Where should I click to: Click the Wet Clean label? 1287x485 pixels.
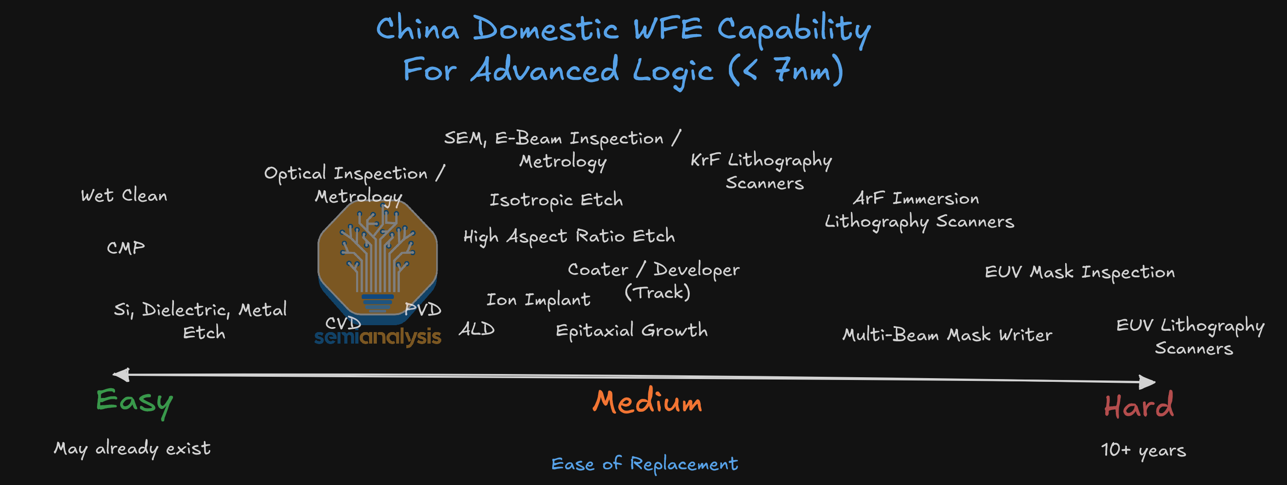tap(124, 195)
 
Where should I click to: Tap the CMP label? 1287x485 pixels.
tap(126, 247)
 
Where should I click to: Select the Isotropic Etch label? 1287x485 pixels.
tap(556, 200)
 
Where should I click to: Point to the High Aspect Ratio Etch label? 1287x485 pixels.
tap(569, 236)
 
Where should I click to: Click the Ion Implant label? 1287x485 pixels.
tap(538, 299)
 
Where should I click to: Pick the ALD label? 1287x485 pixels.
tap(477, 329)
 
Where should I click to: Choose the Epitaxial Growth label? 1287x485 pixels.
tap(631, 330)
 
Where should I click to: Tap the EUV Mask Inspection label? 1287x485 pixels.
tap(1079, 272)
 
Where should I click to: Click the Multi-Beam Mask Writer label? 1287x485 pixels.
tap(947, 334)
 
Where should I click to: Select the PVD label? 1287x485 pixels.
tap(423, 310)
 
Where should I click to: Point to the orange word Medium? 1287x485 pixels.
tap(647, 401)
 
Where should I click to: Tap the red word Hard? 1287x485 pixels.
tap(1139, 405)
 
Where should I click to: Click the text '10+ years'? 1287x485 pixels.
tap(1143, 450)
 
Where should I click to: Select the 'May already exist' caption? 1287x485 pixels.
tap(133, 449)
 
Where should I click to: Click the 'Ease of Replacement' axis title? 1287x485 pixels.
tap(645, 464)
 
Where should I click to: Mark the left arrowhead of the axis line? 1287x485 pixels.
tap(120, 374)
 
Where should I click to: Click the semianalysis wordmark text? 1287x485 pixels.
tap(378, 338)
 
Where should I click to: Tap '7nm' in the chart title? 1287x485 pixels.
tap(802, 70)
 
